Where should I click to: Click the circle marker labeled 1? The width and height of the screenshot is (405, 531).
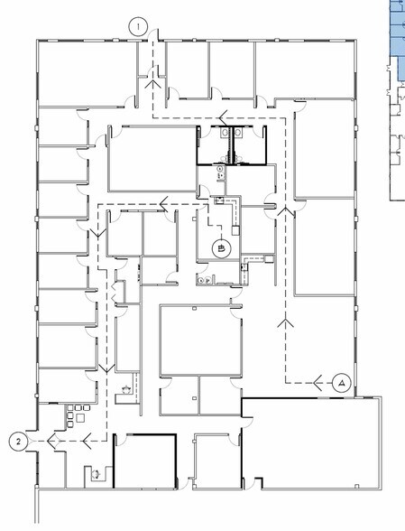pyautogui.click(x=138, y=26)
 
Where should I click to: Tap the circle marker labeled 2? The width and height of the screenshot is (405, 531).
pyautogui.click(x=18, y=442)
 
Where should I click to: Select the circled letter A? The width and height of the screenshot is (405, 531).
pyautogui.click(x=342, y=383)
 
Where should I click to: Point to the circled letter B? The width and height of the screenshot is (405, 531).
pyautogui.click(x=221, y=249)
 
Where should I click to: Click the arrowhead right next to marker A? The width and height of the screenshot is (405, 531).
pyautogui.click(x=318, y=383)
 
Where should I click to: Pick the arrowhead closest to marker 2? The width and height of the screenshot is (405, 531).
pyautogui.click(x=51, y=441)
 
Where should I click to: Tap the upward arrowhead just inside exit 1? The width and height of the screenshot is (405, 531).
pyautogui.click(x=153, y=84)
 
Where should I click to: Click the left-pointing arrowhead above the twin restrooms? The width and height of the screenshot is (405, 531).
pyautogui.click(x=223, y=117)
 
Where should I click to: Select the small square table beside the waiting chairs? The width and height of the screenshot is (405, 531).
pyautogui.click(x=80, y=418)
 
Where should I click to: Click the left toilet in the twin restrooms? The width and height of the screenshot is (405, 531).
pyautogui.click(x=226, y=132)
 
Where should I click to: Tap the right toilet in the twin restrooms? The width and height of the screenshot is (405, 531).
pyautogui.click(x=238, y=132)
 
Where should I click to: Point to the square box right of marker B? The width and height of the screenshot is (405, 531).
pyautogui.click(x=235, y=230)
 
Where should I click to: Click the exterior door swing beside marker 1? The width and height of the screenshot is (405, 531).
pyautogui.click(x=153, y=34)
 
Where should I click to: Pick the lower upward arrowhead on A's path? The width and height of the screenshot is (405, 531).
pyautogui.click(x=286, y=323)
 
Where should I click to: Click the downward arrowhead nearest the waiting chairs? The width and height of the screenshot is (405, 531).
pyautogui.click(x=107, y=368)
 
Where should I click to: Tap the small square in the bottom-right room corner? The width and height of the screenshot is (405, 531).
pyautogui.click(x=356, y=486)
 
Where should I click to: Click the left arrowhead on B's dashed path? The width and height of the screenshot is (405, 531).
pyautogui.click(x=164, y=204)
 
